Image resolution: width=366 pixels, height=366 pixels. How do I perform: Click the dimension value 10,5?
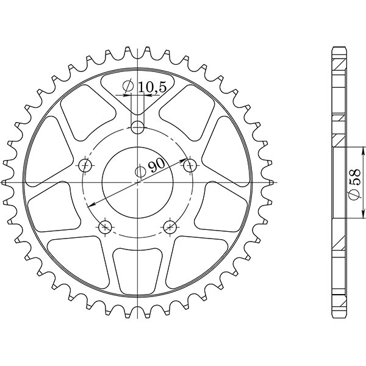152,88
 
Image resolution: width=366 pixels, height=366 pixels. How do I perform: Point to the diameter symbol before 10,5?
128,88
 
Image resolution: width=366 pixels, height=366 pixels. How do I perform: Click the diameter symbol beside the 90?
140,171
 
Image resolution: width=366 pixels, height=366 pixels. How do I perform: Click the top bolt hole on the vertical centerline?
139,127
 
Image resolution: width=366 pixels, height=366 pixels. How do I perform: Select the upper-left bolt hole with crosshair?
85,165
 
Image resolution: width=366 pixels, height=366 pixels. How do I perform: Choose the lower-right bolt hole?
170,227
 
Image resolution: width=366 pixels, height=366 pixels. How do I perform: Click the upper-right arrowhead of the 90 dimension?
184,160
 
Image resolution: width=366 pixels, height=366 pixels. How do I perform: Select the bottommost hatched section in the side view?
339,305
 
